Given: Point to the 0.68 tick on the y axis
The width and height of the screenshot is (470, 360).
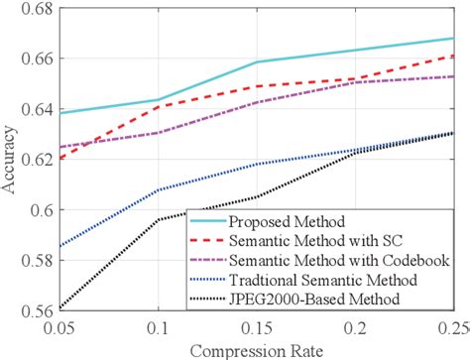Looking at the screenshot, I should click(x=26, y=11).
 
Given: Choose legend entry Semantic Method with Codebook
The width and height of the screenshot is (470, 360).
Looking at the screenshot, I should click(x=332, y=260).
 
